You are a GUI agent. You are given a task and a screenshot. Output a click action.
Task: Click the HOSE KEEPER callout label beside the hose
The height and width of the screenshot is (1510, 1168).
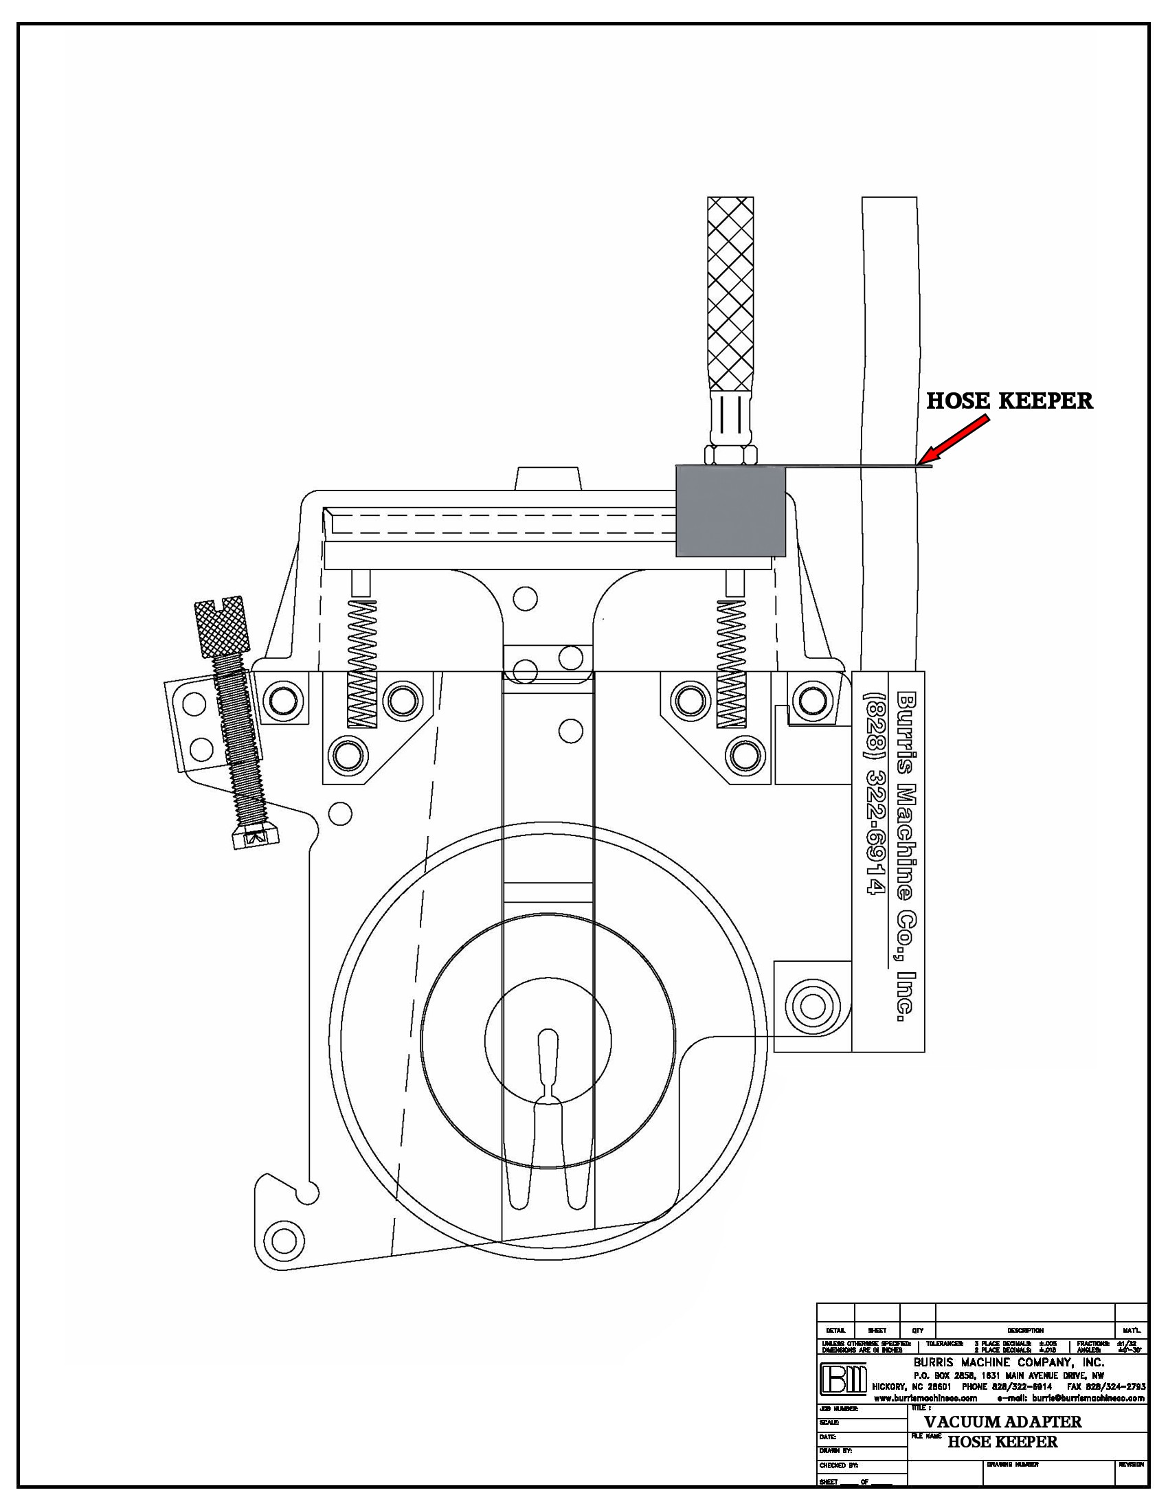1010,401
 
